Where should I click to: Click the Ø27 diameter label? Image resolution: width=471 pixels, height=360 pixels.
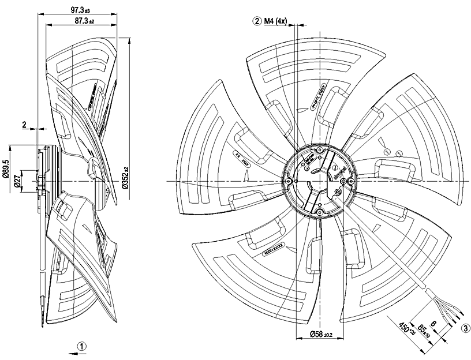point(18,178)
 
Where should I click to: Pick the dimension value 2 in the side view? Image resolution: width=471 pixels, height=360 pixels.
point(24,124)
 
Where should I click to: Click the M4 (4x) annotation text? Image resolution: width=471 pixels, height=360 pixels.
point(275,21)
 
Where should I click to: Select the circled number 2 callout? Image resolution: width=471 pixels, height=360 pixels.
point(256,21)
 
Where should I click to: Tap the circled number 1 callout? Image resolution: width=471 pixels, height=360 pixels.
point(83,347)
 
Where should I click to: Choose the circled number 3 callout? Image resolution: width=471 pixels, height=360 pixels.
point(465,329)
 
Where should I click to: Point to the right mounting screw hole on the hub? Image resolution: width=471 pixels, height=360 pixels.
point(345,181)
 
